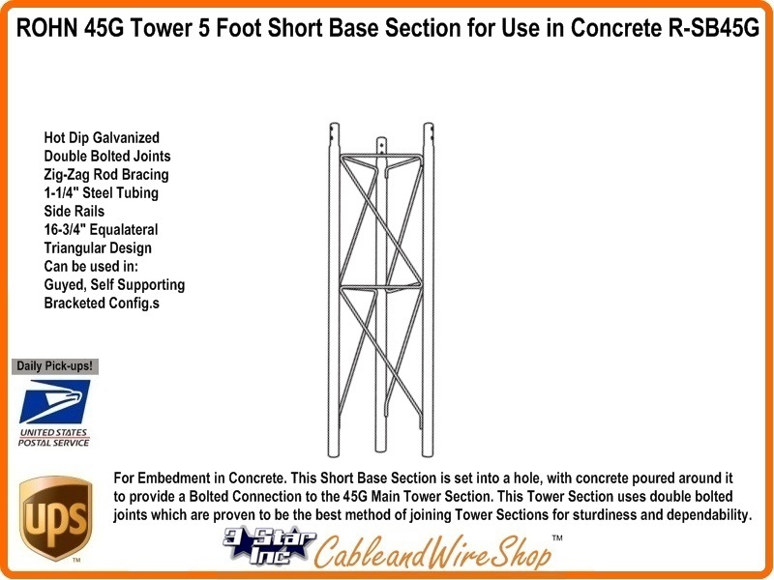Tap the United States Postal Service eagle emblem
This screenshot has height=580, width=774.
[55, 401]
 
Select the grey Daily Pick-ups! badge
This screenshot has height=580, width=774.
[55, 366]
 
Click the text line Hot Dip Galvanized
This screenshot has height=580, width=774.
[102, 137]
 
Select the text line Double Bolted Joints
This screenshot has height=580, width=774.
[107, 156]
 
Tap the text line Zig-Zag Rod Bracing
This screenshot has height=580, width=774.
[106, 175]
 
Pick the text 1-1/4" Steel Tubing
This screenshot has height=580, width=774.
[102, 192]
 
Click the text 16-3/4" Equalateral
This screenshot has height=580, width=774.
[101, 230]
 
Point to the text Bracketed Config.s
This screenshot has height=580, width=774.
[102, 303]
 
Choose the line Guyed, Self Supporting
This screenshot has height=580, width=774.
[114, 284]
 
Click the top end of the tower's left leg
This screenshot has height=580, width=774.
[334, 124]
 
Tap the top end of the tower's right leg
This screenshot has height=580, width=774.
[428, 124]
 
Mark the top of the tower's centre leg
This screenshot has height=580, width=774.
[381, 138]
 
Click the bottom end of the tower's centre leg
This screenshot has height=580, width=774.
[380, 449]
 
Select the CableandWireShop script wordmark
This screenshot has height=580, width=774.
[432, 552]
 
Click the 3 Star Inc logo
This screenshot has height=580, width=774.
[269, 545]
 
